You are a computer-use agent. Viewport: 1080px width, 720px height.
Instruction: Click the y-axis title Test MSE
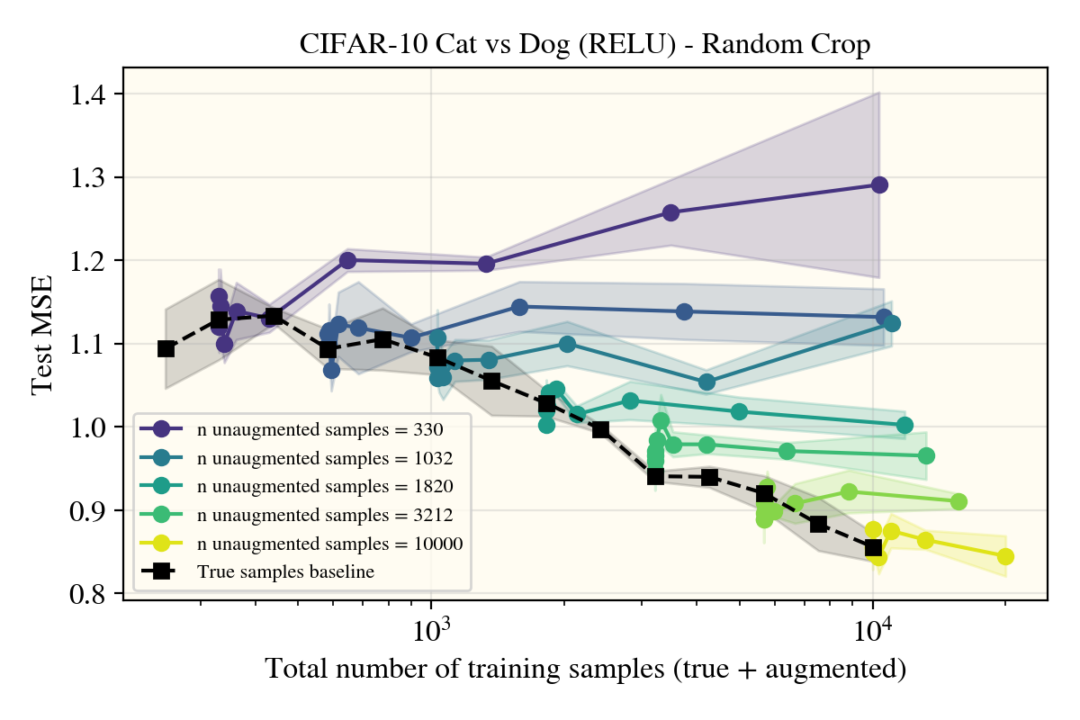click(x=41, y=335)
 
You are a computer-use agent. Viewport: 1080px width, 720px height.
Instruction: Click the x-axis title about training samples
click(x=585, y=670)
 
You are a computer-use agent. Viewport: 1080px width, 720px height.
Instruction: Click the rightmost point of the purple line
click(x=879, y=184)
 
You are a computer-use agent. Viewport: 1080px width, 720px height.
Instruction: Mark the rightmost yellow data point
click(x=1005, y=556)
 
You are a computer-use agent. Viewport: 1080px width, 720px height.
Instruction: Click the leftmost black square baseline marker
click(x=166, y=348)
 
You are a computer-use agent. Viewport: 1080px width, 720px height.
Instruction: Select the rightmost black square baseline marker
click(x=873, y=548)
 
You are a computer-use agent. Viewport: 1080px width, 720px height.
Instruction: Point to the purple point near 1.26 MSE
click(x=670, y=213)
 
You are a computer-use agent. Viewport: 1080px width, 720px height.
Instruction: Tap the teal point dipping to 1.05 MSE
click(x=706, y=382)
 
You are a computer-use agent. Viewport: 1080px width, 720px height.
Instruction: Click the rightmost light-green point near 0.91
click(x=958, y=501)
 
